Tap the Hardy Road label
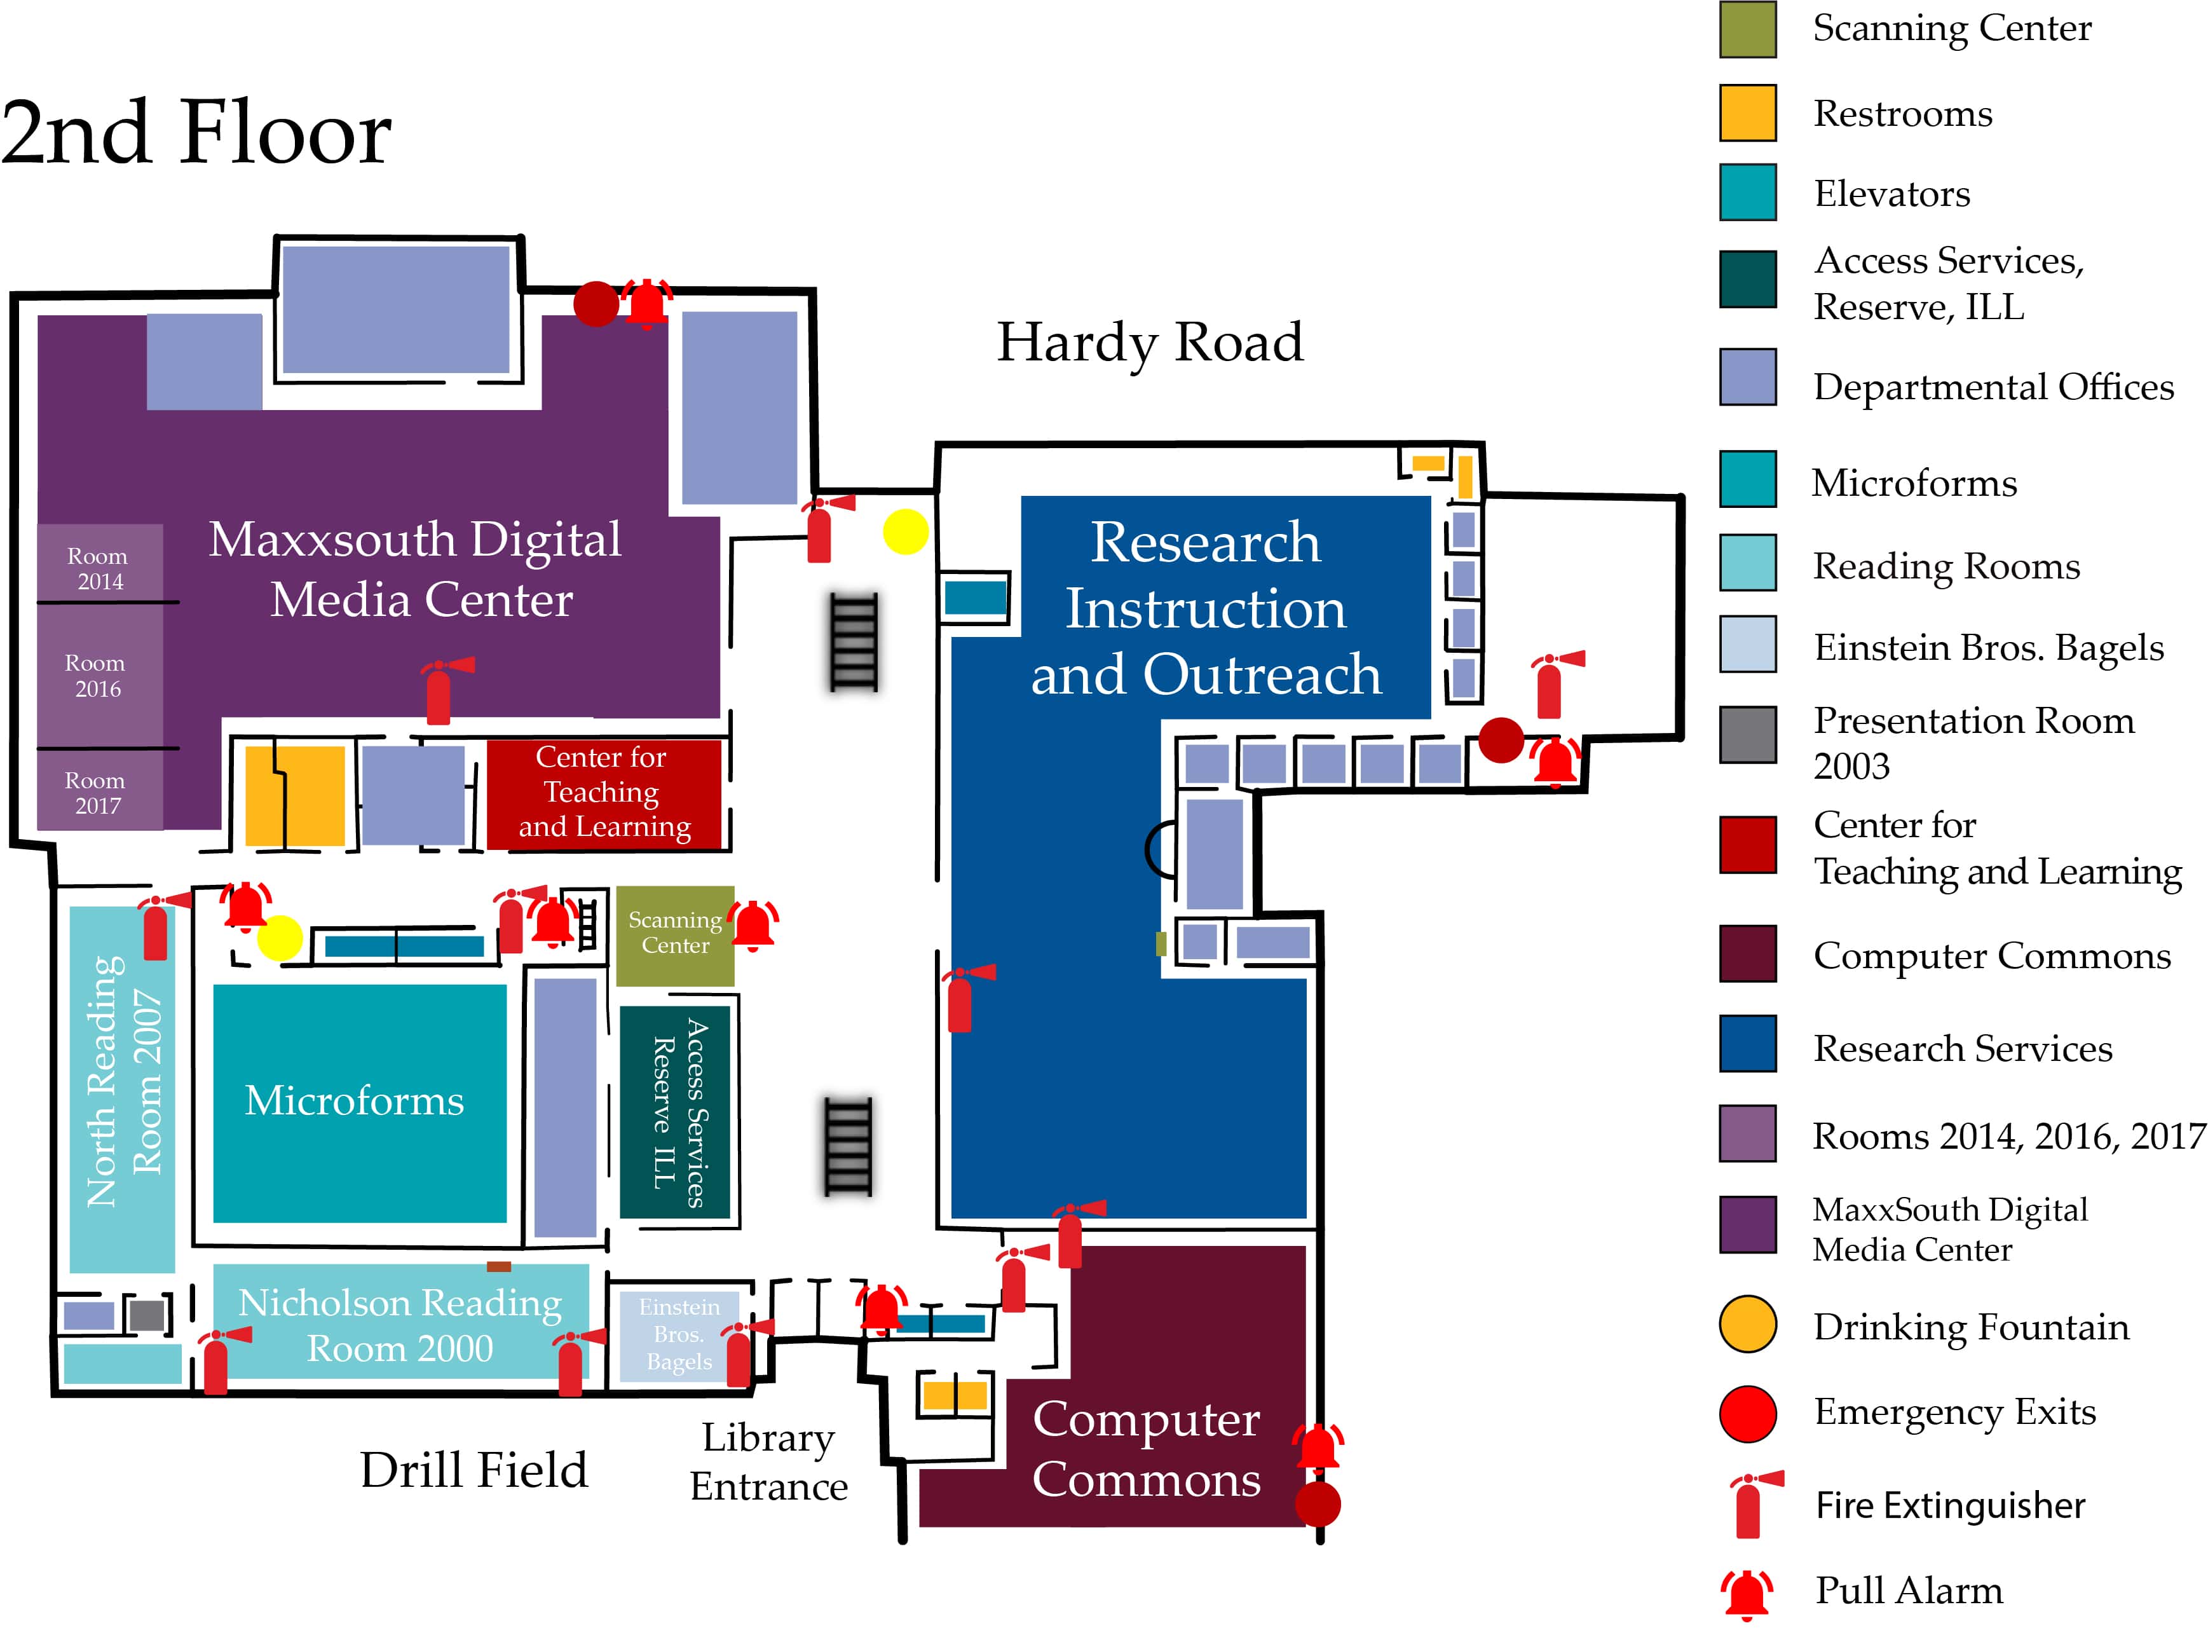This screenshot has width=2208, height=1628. point(1149,342)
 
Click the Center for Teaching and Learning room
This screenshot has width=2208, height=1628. point(603,792)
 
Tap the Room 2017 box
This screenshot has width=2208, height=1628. point(97,791)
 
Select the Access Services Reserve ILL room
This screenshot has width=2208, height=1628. point(676,1112)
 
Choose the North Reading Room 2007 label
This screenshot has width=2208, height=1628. point(123,1081)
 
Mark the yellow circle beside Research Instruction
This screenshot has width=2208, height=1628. point(904,532)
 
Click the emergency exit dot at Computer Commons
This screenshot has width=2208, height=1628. point(1318,1504)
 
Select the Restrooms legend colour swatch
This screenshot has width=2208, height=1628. point(1747,113)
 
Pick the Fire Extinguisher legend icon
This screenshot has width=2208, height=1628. point(1750,1504)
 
